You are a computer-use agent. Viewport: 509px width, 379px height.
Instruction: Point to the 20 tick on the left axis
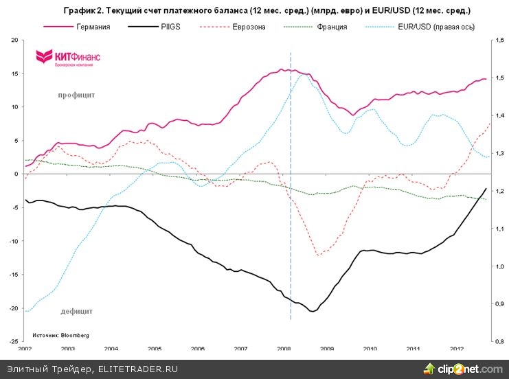[14, 41]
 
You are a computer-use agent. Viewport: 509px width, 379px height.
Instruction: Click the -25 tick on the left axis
[12, 341]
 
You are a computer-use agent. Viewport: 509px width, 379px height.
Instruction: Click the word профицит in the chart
[76, 95]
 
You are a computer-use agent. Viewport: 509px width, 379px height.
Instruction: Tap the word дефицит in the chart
[76, 311]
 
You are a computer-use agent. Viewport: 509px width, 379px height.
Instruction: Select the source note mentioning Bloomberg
[60, 335]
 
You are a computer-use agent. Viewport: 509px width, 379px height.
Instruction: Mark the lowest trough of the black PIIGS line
[313, 311]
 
